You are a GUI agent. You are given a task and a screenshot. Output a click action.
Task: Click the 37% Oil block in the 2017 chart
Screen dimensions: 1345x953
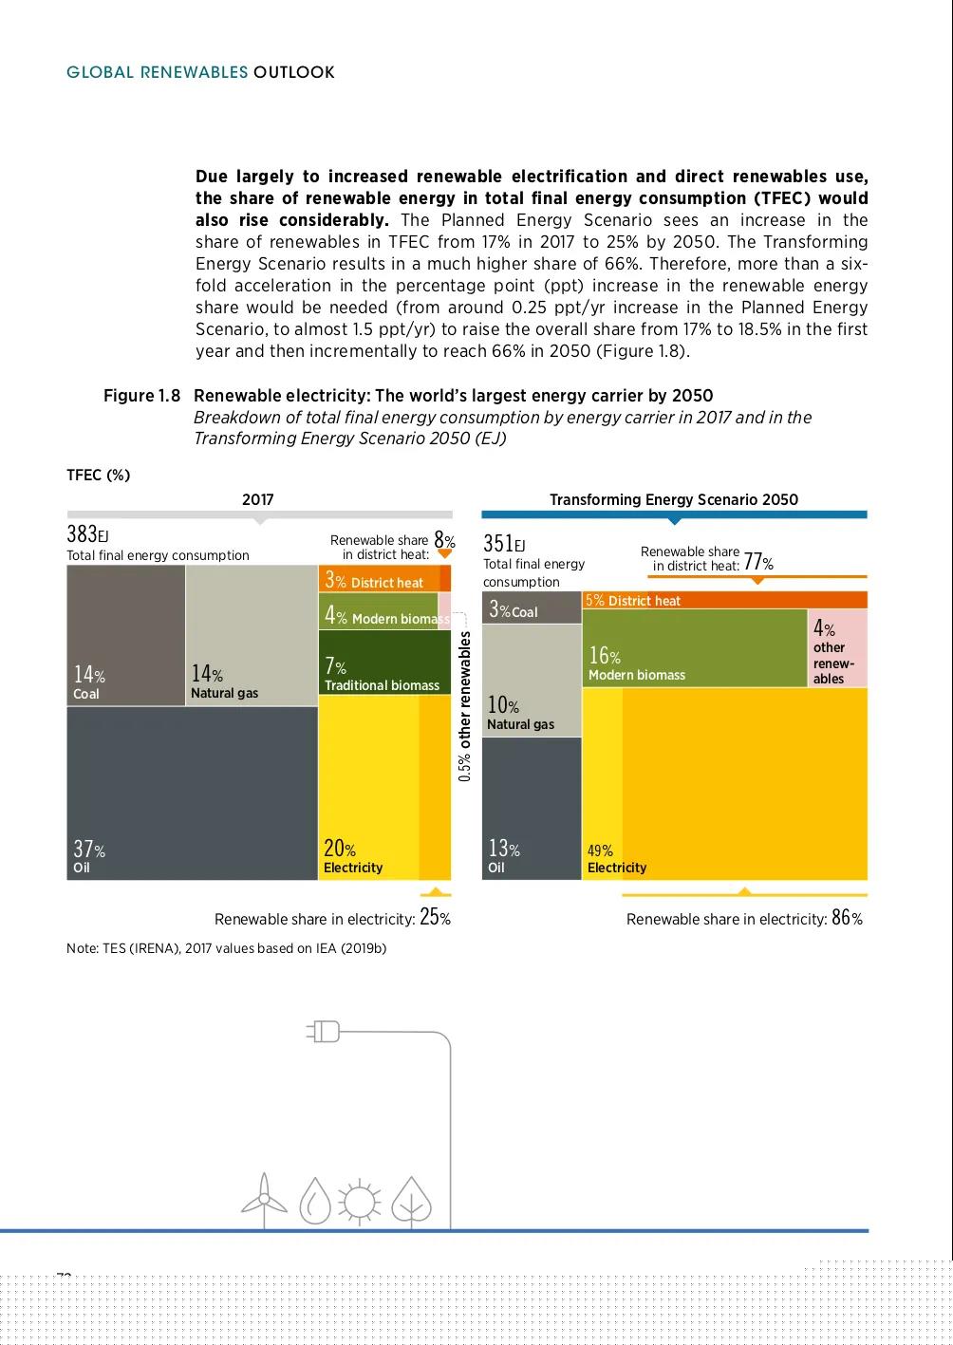192,793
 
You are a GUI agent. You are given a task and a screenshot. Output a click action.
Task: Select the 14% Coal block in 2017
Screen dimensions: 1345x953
125,635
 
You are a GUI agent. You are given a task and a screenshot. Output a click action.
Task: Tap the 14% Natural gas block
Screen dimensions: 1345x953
252,635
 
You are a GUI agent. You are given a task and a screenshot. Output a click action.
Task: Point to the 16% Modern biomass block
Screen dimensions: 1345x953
694,648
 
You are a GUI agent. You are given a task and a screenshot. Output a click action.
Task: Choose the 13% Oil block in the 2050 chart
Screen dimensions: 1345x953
532,808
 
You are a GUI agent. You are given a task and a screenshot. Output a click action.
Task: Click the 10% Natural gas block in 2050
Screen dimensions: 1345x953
532,680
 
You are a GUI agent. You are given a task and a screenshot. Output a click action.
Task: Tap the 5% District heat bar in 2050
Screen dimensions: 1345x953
724,600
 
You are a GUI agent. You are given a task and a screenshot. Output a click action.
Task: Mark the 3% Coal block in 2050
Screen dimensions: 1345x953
532,607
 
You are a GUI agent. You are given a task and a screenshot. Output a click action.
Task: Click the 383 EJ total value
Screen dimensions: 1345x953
87,533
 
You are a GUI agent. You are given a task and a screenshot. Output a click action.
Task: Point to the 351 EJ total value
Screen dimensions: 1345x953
504,543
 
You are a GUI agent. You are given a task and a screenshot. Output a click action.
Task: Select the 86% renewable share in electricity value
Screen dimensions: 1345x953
847,918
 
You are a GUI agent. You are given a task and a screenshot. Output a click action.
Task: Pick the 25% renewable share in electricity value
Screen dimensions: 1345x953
435,918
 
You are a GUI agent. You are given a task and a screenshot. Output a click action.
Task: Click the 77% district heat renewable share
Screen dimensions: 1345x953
757,563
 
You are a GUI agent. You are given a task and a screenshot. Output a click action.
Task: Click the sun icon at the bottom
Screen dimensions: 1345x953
359,1202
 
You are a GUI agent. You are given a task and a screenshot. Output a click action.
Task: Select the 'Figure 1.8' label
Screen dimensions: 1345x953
141,396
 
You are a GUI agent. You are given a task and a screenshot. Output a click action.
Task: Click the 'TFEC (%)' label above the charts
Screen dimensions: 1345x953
98,475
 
